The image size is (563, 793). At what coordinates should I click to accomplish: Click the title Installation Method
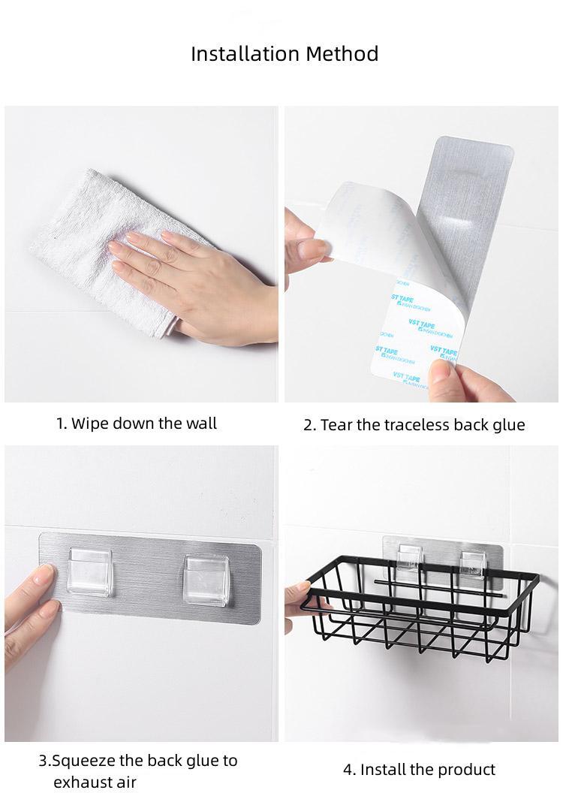(x=284, y=54)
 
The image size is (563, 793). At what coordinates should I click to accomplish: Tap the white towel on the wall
(x=75, y=225)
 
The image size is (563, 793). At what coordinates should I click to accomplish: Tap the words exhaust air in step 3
(x=95, y=782)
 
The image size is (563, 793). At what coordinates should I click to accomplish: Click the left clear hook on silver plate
(x=89, y=571)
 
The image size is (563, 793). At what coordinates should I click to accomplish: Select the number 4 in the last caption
(x=348, y=769)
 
